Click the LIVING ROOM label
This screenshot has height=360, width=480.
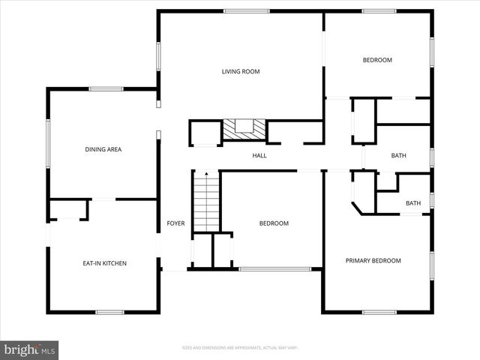tap(240, 72)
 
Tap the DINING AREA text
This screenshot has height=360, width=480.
tap(103, 149)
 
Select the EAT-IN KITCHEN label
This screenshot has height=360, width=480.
tap(104, 263)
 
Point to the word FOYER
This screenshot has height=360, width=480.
tap(175, 223)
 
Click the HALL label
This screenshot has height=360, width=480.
tap(259, 156)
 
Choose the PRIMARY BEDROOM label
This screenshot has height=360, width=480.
tap(373, 261)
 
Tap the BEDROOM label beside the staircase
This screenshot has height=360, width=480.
tap(274, 223)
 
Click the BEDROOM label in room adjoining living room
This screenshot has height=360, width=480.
tap(377, 60)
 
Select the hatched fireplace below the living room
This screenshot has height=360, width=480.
tap(244, 130)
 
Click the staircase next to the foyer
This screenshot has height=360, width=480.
tap(206, 202)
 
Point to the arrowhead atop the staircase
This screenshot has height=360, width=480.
tap(206, 173)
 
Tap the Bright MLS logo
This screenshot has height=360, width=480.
tap(29, 349)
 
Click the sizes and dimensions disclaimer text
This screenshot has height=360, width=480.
tap(240, 347)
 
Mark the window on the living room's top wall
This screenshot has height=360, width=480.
tap(247, 11)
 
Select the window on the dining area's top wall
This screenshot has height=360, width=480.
tap(106, 89)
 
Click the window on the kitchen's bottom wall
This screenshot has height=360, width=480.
tap(109, 311)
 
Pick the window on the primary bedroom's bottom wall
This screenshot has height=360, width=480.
tap(379, 311)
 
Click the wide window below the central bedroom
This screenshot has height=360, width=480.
tap(274, 268)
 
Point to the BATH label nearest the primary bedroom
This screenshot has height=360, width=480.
tap(413, 203)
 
